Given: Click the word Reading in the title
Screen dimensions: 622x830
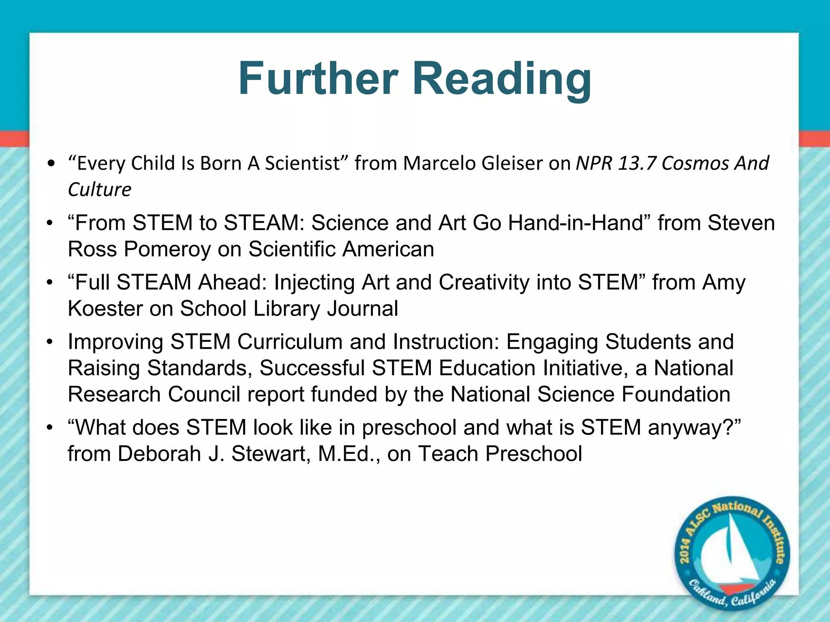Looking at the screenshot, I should click(x=502, y=79).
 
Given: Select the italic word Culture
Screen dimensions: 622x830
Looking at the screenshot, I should click(x=100, y=190).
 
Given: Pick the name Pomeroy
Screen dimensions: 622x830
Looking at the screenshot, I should click(x=167, y=249).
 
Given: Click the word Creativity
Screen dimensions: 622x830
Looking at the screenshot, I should click(x=484, y=282).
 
